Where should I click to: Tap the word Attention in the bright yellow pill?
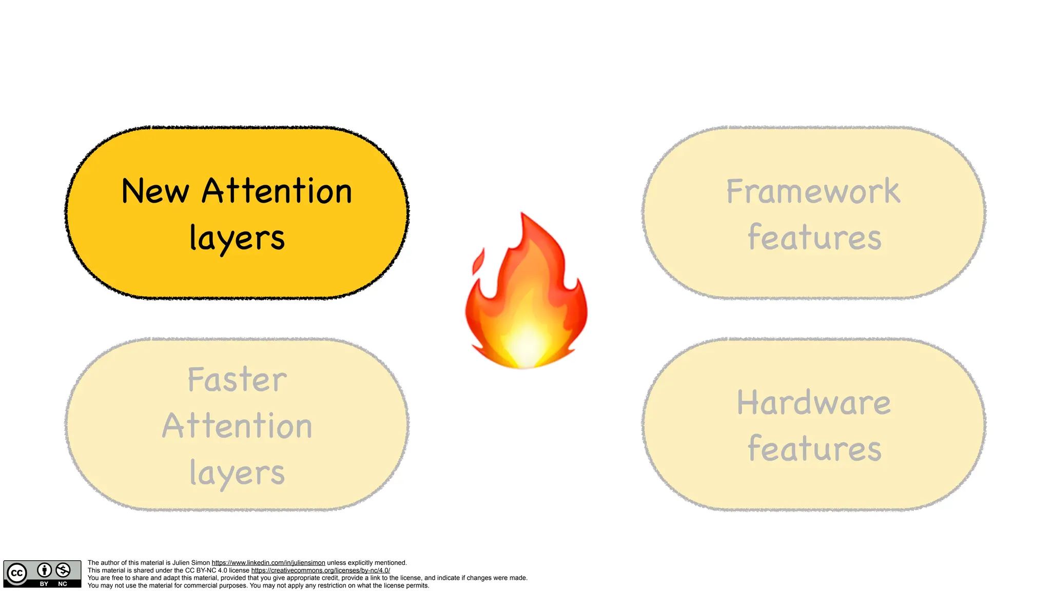coord(277,191)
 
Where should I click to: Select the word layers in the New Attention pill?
coord(237,238)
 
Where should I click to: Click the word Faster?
coord(237,380)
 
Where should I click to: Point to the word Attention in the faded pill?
coord(237,426)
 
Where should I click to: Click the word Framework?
coord(813,191)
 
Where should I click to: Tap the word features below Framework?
coord(814,238)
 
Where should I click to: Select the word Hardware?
coord(813,403)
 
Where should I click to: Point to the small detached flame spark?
coord(478,262)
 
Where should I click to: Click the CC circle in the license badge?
coord(16,573)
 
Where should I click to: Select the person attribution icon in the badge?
coord(45,570)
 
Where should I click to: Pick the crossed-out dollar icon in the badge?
coord(63,570)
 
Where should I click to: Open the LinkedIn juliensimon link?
coord(268,563)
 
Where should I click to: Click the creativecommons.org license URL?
coord(320,570)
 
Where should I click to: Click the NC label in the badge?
coord(63,584)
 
